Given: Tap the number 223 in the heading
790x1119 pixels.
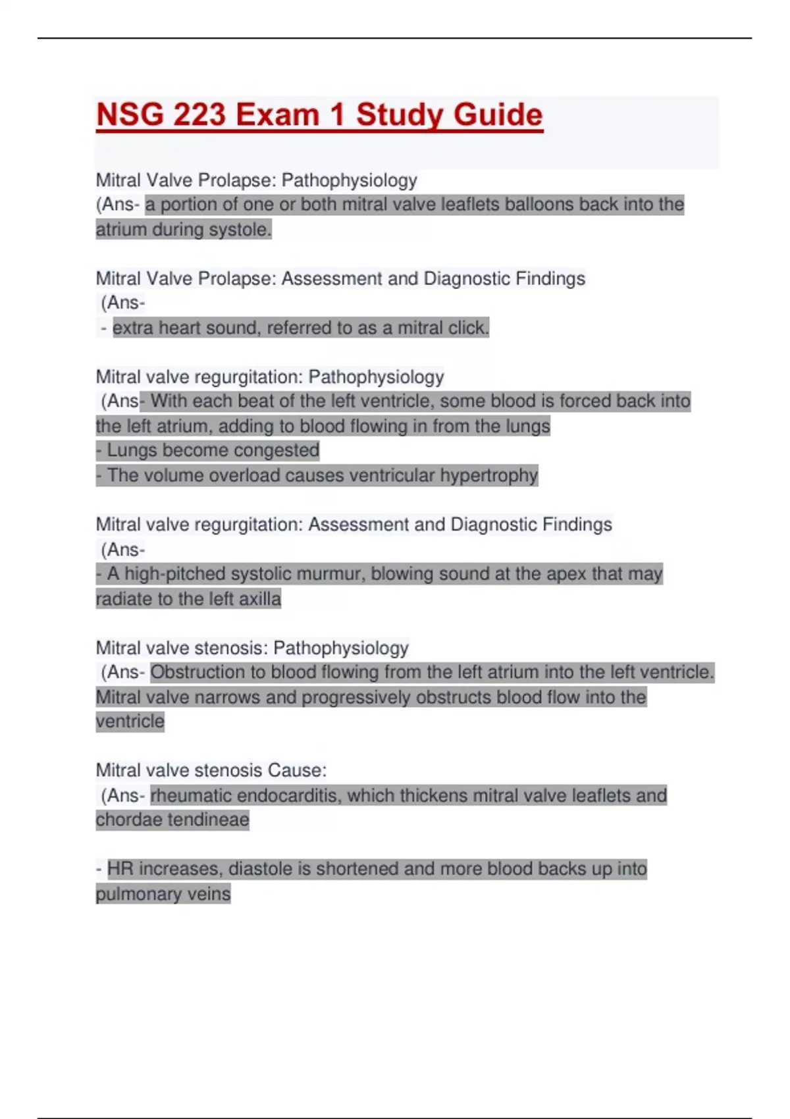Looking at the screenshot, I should pos(199,115).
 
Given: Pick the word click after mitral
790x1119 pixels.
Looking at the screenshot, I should pos(468,328).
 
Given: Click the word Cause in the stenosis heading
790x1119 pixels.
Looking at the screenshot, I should pos(299,771).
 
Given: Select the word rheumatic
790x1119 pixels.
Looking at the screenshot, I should pos(190,796).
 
